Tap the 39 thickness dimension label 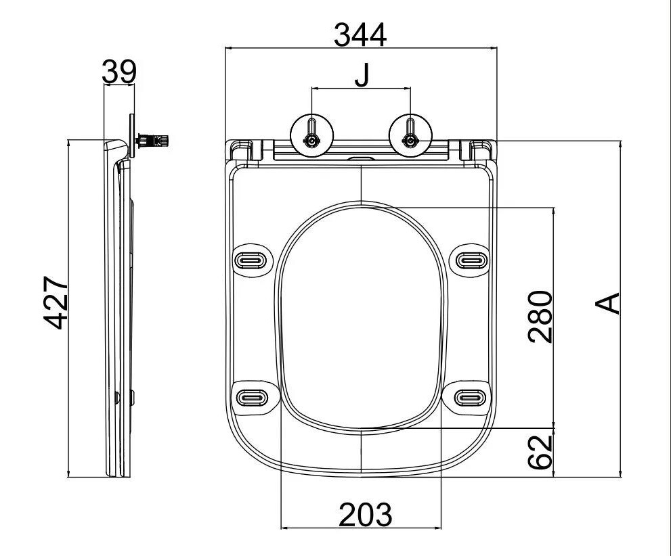[x=119, y=72]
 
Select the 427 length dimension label [x=56, y=303]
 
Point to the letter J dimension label [x=362, y=75]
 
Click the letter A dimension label [x=607, y=303]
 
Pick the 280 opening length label [x=540, y=317]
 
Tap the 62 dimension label [x=540, y=452]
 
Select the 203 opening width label [x=366, y=514]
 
